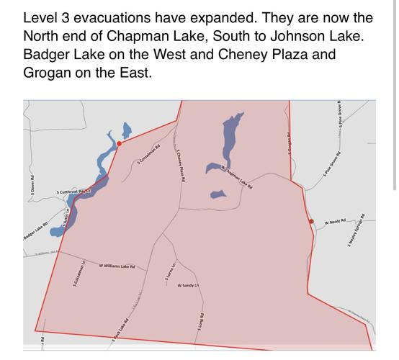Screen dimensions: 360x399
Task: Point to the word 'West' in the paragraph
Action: pos(201,55)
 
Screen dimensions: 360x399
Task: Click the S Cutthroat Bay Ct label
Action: pos(75,193)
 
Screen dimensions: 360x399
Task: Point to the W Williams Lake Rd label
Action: pos(117,266)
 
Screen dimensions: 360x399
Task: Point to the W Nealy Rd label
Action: pos(336,222)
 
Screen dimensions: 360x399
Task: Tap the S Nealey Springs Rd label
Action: pos(357,230)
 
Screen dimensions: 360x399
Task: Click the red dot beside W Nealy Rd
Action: pos(311,222)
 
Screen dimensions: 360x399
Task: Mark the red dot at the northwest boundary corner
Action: pos(120,143)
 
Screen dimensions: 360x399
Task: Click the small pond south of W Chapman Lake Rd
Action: pos(218,194)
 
